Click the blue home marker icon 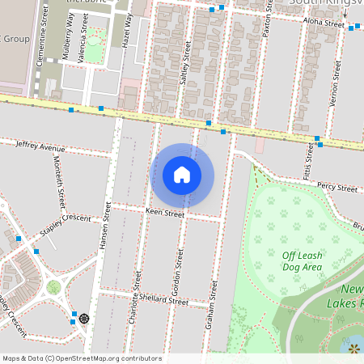point(182,175)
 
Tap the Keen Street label point(165,214)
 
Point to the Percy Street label point(337,188)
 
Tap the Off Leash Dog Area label point(302,260)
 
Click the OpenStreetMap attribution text point(82,358)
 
